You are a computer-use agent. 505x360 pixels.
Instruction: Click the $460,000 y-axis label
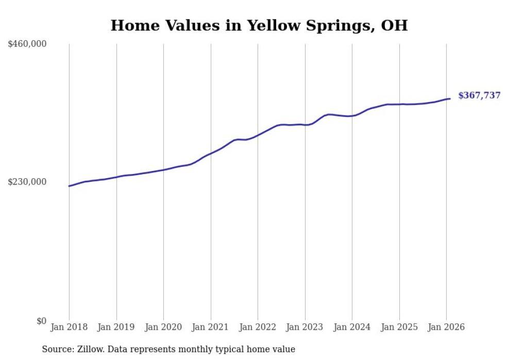pos(27,44)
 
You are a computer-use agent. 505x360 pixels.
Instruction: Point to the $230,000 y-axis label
pos(27,182)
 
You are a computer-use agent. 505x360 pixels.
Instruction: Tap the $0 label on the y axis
pos(41,321)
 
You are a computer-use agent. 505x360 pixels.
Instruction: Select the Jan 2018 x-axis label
pos(69,327)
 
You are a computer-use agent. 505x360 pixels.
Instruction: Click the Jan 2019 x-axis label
pos(116,327)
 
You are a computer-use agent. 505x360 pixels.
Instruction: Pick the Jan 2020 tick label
pos(163,327)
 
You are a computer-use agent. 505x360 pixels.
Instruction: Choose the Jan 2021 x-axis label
pos(210,327)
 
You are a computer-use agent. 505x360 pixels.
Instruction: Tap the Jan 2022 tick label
pos(258,327)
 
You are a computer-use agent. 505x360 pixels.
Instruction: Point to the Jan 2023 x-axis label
pos(305,327)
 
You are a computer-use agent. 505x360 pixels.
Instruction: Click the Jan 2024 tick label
pos(352,327)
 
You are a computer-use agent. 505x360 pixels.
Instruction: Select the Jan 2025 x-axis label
pos(399,327)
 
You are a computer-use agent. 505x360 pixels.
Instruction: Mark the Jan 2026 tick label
pos(446,327)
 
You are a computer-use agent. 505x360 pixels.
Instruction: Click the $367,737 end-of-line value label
pos(479,95)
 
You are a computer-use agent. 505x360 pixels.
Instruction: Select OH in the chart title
pos(394,25)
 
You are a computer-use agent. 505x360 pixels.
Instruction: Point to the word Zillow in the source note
pos(89,349)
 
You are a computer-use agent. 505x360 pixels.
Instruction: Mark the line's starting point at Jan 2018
pos(69,186)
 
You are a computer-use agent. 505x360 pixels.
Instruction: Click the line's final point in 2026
pos(450,98)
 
